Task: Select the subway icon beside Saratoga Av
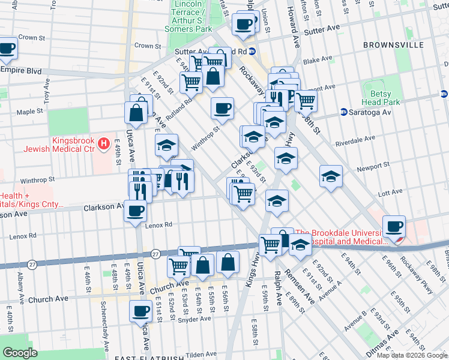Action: (x=343, y=112)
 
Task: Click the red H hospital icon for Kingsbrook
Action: (x=103, y=144)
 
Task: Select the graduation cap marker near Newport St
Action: (x=331, y=178)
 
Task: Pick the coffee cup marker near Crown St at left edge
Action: (x=7, y=49)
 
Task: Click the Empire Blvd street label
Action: (x=21, y=71)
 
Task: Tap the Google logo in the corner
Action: (x=20, y=353)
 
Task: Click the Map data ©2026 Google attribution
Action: (x=412, y=355)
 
